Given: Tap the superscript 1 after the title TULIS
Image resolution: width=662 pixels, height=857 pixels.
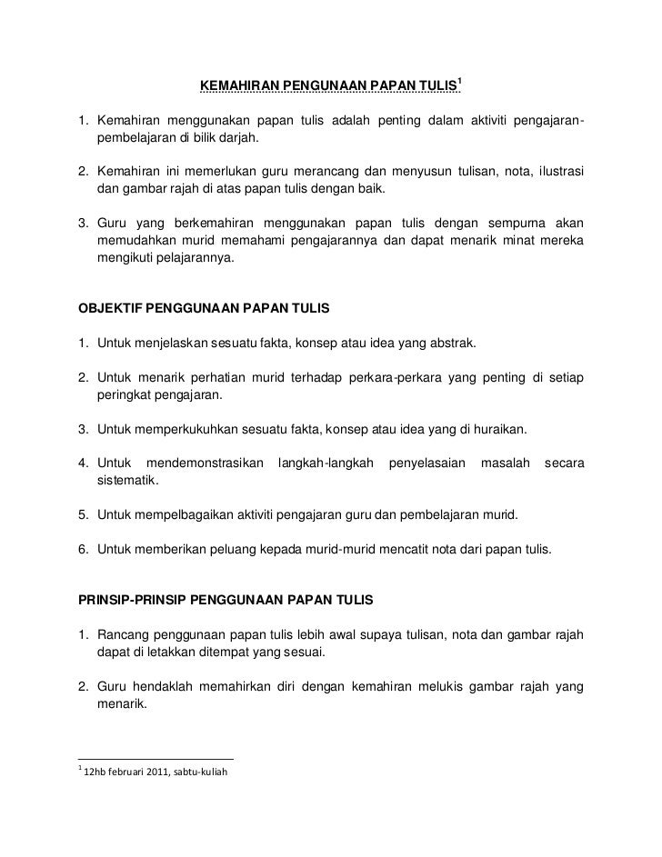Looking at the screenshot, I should (461, 83).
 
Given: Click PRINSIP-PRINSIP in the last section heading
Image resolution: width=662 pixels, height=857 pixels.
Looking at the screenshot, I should (131, 602).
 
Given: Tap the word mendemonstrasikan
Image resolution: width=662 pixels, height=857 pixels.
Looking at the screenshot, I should (205, 463).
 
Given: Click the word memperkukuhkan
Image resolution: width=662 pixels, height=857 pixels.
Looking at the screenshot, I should (186, 429).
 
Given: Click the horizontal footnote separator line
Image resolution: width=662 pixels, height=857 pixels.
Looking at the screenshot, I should (155, 759).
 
